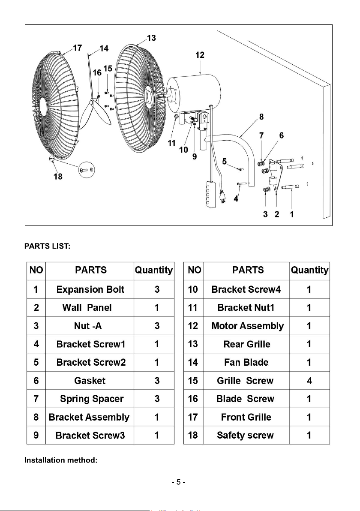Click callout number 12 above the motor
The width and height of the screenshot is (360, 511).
tap(200, 55)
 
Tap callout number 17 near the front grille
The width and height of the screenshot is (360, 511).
tap(77, 48)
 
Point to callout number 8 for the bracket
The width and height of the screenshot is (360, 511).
tap(261, 117)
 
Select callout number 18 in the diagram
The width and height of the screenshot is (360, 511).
tap(58, 176)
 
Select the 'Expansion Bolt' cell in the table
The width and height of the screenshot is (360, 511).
tap(90, 289)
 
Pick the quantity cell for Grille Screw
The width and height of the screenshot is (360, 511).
tap(309, 381)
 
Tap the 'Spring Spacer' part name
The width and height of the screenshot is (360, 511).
tap(92, 399)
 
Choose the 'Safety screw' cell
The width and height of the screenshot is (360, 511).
tap(245, 436)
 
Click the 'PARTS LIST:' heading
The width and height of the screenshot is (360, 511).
tap(47, 246)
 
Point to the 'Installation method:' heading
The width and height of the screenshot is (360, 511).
tap(61, 460)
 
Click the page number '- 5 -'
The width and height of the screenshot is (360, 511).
tap(179, 482)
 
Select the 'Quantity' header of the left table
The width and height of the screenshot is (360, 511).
tap(154, 270)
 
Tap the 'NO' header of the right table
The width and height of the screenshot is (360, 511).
tap(194, 270)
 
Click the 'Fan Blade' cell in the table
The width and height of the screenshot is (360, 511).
tap(246, 362)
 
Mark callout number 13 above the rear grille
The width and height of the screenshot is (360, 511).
tap(151, 38)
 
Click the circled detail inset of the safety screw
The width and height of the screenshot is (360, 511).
tap(87, 170)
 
